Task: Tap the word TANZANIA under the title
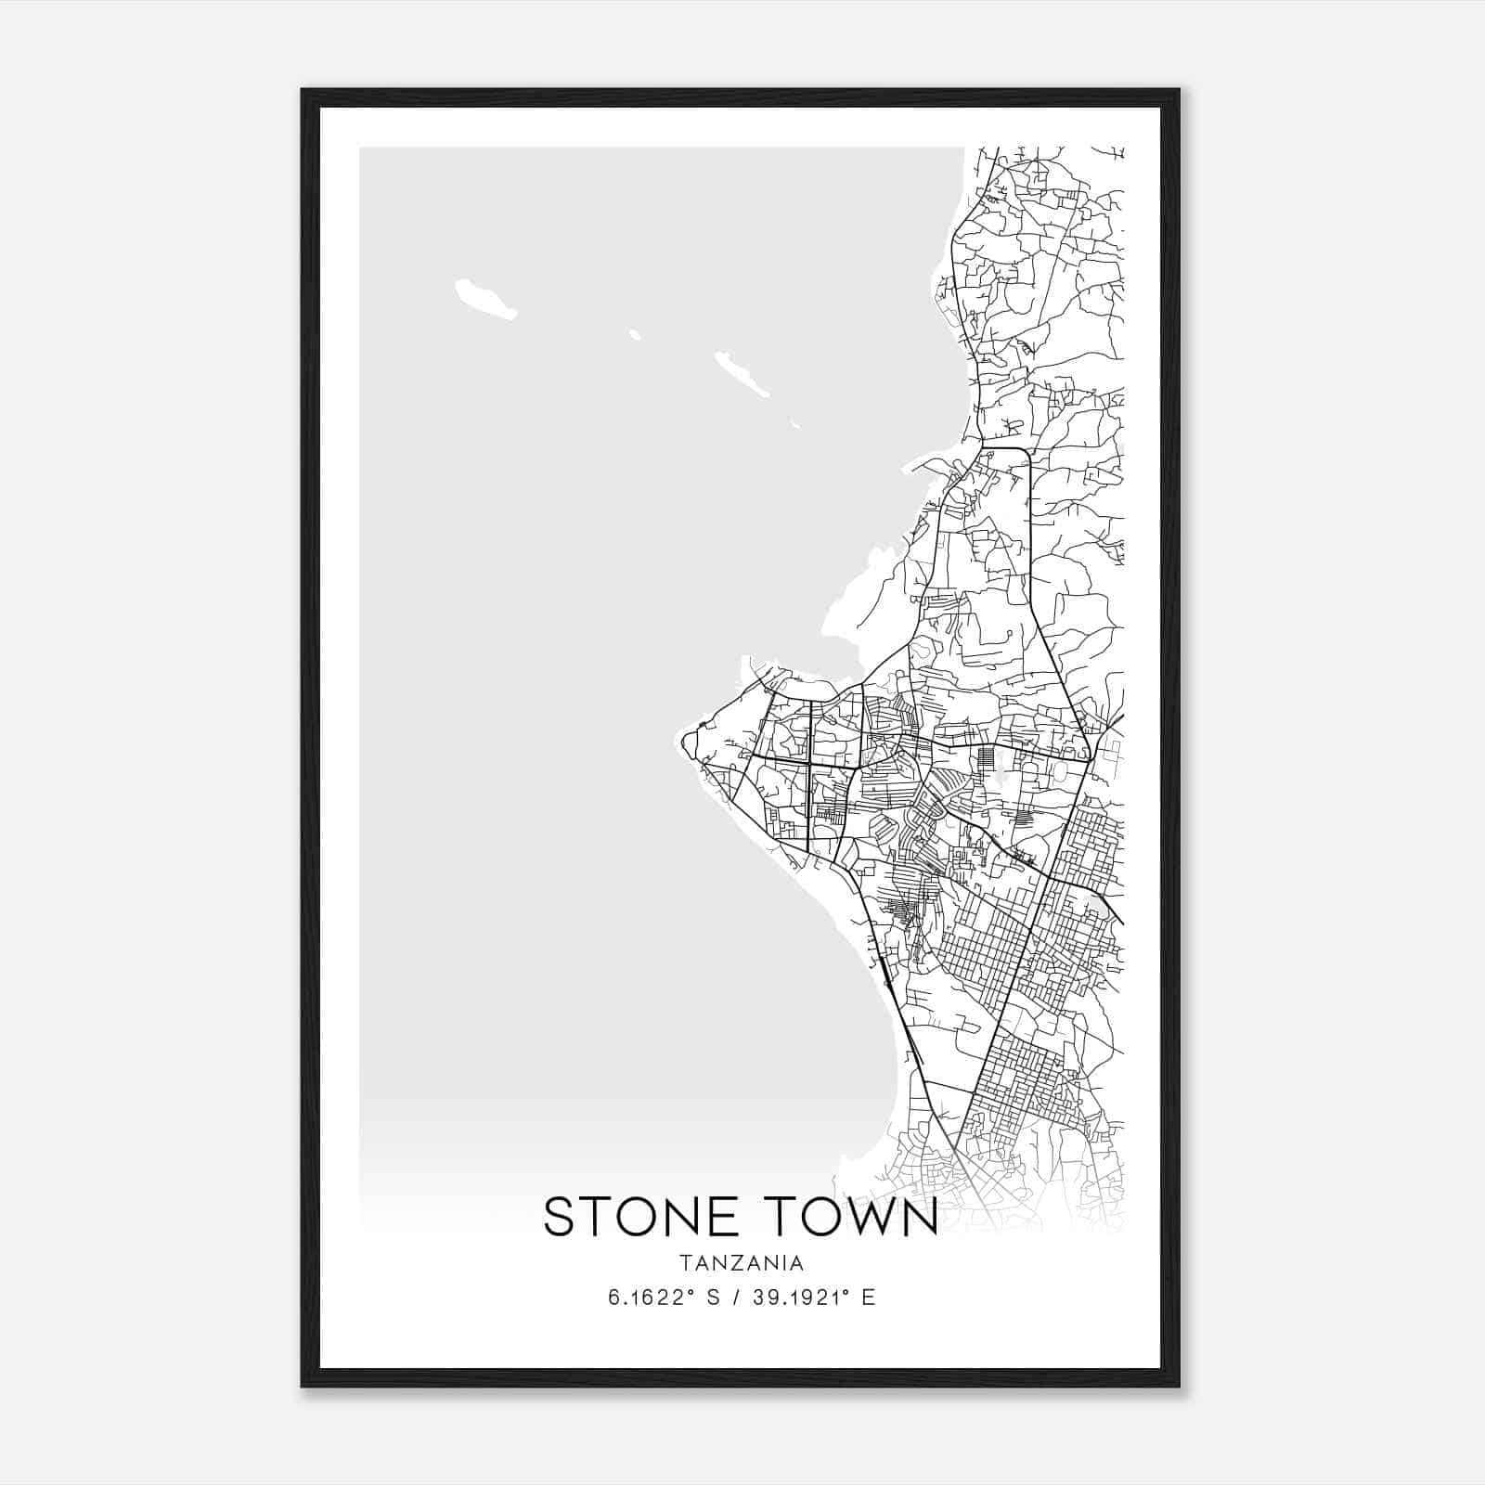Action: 741,1263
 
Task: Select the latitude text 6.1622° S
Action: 664,1298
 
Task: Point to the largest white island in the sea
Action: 484,299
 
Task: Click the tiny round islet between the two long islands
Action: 635,334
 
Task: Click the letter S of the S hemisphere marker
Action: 714,1298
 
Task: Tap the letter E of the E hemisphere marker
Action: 869,1298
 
